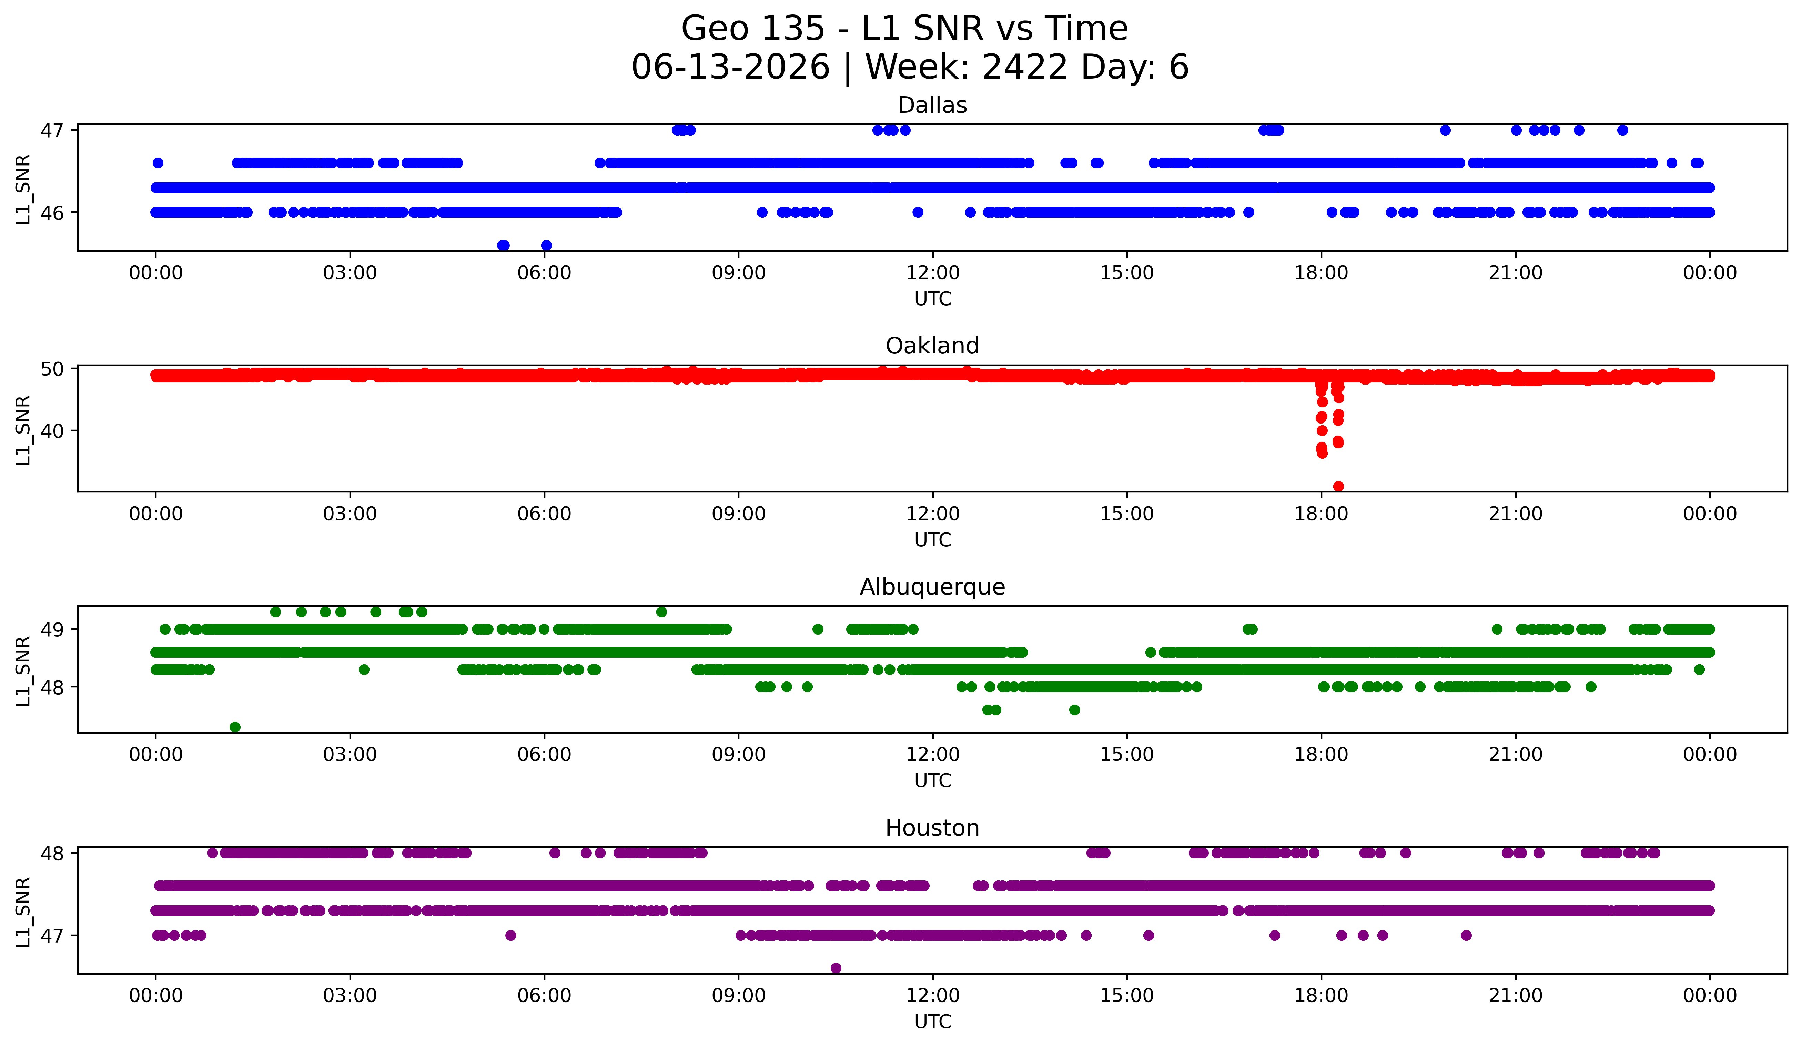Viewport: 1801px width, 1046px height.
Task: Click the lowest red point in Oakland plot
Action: pos(1339,486)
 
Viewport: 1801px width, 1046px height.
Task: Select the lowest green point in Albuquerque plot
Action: pos(235,727)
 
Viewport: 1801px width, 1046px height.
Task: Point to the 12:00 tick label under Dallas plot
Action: pos(933,273)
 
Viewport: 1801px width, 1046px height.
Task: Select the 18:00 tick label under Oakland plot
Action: pos(1322,514)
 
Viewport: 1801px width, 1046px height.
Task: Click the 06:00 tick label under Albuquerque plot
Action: pos(545,755)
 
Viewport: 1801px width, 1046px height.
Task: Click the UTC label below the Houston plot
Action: pos(933,1022)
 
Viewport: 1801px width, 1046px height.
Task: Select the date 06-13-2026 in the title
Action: pos(730,67)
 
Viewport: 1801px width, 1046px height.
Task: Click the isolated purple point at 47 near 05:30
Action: pos(510,935)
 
